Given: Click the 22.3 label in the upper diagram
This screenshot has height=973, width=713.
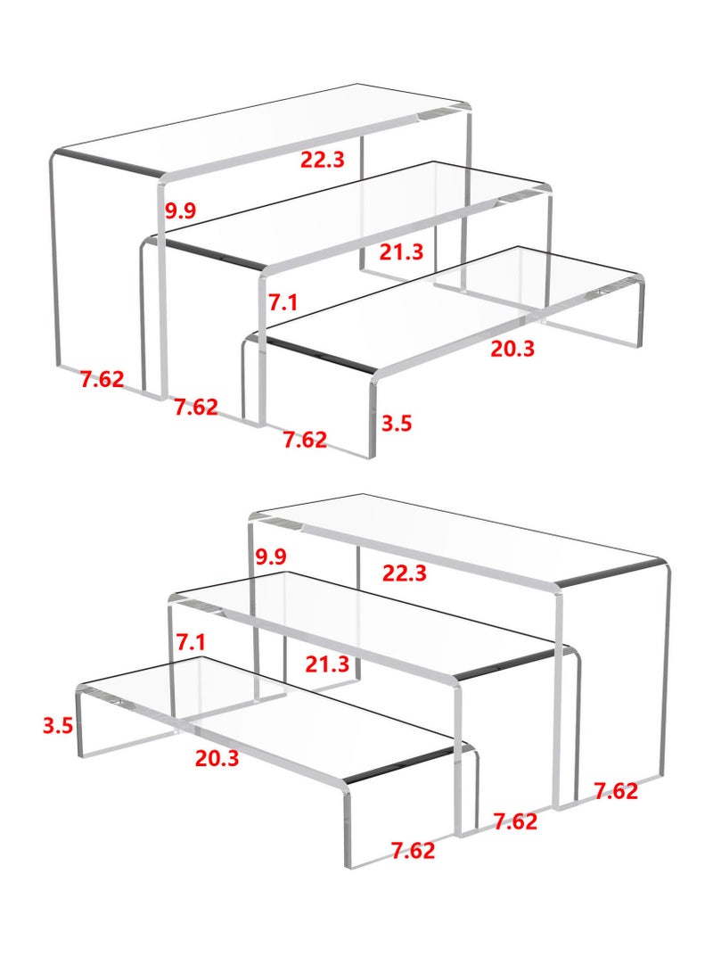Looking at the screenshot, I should (x=322, y=160).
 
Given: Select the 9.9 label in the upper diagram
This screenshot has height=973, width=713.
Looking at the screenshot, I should (x=181, y=211).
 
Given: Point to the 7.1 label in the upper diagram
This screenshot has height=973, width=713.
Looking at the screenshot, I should (x=283, y=302).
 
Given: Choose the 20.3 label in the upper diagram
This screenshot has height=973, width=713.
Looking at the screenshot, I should (x=512, y=349).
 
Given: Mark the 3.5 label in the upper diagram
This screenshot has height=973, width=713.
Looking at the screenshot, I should (x=397, y=423).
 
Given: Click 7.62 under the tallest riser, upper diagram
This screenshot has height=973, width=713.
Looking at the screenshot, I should (x=102, y=378).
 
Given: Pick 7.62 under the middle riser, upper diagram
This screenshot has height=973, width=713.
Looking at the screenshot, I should (x=196, y=407).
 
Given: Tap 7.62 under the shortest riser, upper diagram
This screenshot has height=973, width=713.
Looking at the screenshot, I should (x=305, y=440).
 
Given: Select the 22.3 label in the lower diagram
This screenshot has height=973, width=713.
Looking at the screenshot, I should (x=405, y=573).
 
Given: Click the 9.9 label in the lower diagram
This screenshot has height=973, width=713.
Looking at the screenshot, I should (x=270, y=557).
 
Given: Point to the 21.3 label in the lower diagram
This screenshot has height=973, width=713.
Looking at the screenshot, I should (x=326, y=664).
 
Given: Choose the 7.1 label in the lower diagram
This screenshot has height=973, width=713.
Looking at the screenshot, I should (x=191, y=642).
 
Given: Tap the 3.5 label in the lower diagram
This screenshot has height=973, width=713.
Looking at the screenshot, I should (x=58, y=725).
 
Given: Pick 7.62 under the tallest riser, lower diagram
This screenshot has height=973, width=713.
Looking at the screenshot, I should (x=616, y=790).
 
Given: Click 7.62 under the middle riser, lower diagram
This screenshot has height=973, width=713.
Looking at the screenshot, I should (x=515, y=821).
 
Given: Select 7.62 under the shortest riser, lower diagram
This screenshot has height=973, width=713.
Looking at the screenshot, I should (x=414, y=850).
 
